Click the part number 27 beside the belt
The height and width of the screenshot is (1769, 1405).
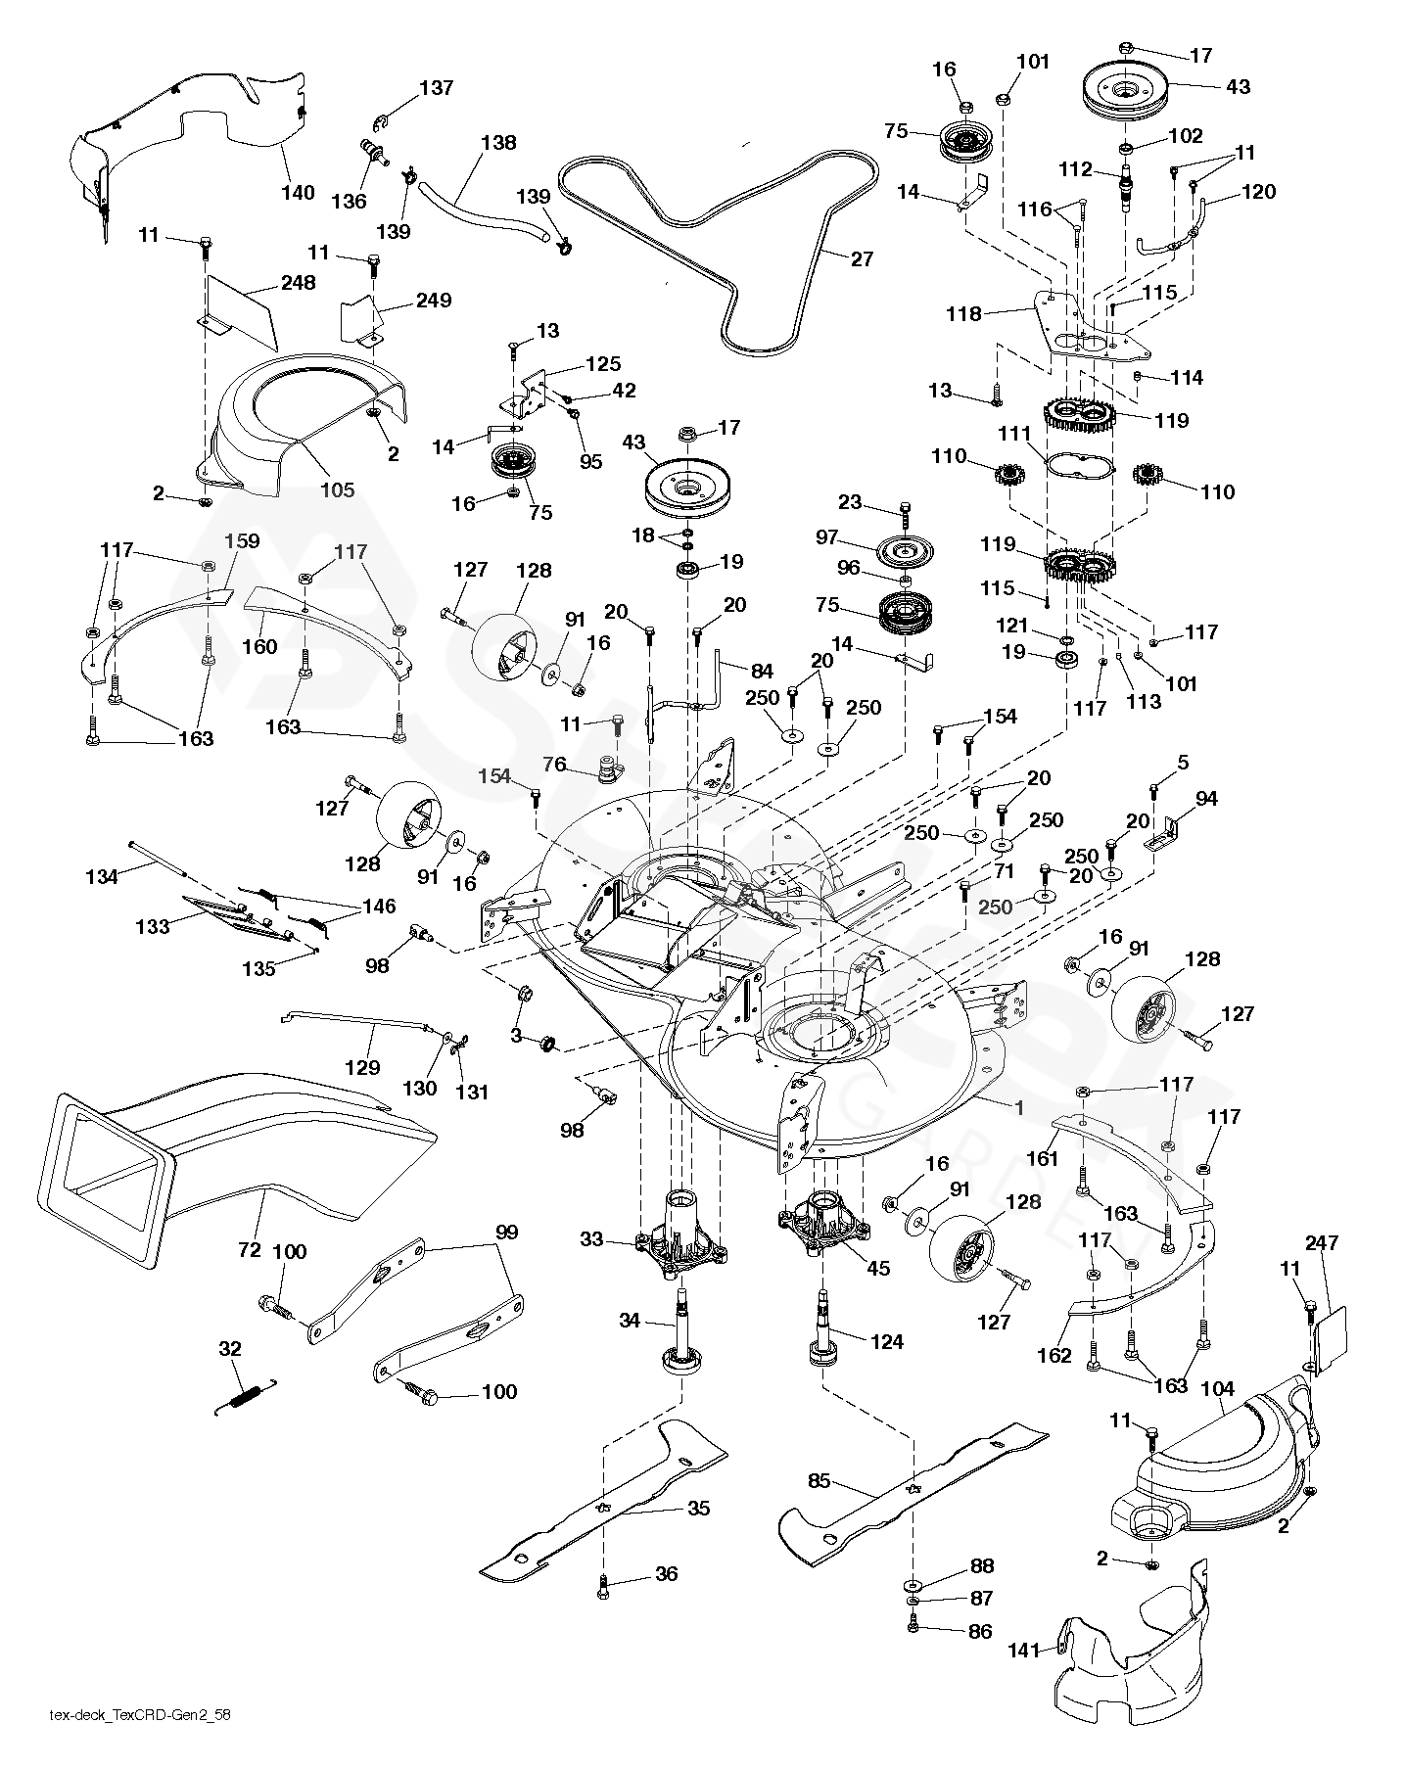pos(862,259)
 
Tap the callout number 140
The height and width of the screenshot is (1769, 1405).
pos(298,192)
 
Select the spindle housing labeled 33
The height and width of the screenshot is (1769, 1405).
pos(679,1235)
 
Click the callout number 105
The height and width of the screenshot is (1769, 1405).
pos(338,489)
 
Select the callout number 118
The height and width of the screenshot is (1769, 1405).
pos(963,313)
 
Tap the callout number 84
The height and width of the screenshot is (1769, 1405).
pos(761,672)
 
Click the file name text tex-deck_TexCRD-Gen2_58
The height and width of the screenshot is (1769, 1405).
pos(140,1742)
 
